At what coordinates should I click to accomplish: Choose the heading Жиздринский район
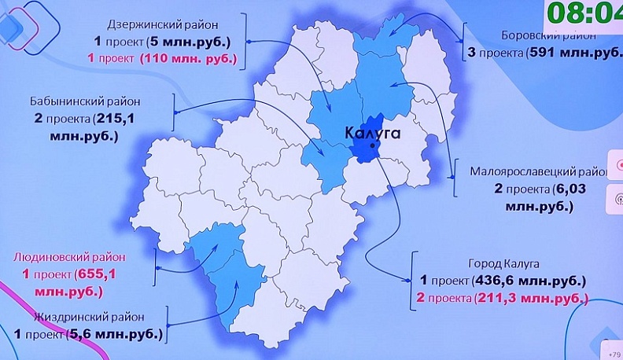coord(89,317)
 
